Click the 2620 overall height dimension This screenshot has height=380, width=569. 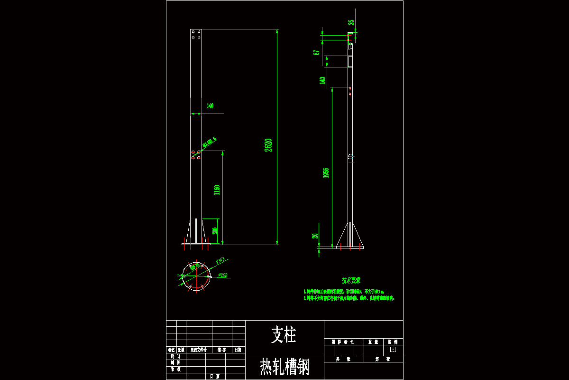[268, 144]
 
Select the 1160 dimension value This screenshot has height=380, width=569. [217, 190]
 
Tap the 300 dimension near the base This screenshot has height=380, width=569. [215, 231]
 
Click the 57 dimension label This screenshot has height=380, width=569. [316, 52]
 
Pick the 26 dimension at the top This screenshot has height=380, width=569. [351, 22]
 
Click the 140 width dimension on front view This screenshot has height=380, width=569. [210, 106]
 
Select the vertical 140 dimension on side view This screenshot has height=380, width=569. [322, 80]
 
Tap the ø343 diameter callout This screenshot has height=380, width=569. [220, 260]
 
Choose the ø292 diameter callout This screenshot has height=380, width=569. [222, 275]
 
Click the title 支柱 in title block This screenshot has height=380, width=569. [284, 335]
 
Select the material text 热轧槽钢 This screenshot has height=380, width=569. [284, 367]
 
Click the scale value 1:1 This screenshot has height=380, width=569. [393, 350]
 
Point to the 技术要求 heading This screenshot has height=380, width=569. [351, 281]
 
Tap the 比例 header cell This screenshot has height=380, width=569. [393, 342]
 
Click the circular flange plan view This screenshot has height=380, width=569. [195, 276]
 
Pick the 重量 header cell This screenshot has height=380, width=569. [373, 342]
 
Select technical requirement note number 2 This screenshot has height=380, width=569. [349, 298]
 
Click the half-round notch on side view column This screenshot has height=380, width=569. [351, 156]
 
